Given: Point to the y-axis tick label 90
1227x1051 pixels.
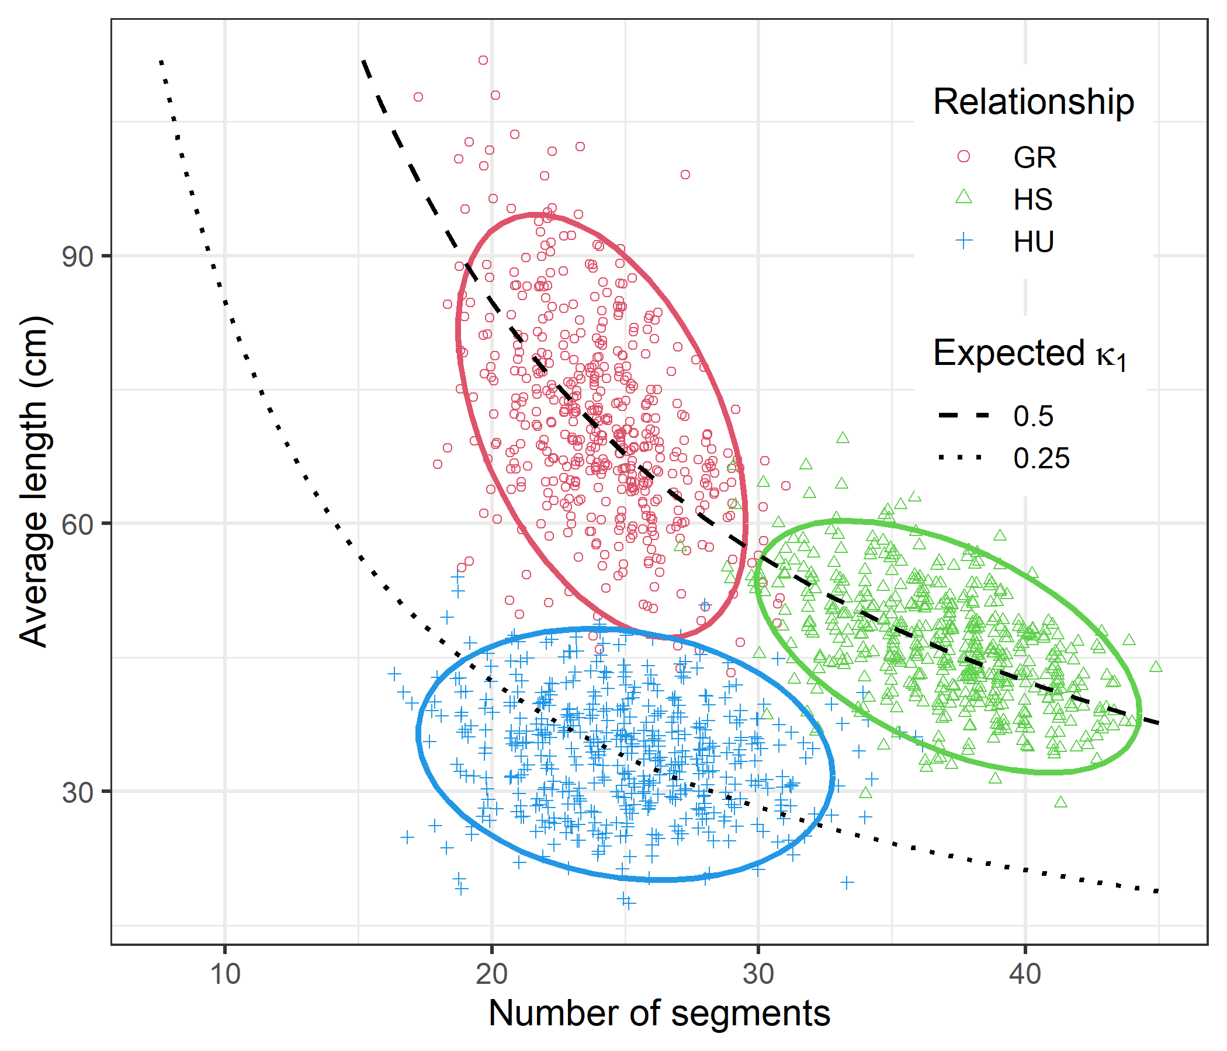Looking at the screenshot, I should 78,257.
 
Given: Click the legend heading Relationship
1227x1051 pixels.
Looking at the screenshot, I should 1034,102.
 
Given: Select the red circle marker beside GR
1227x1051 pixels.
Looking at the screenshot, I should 964,157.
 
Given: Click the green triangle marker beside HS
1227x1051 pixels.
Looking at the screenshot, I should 964,198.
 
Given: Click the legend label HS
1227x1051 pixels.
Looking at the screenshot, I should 1033,200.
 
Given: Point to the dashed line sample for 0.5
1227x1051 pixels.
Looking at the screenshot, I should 964,416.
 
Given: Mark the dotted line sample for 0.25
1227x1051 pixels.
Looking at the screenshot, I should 961,457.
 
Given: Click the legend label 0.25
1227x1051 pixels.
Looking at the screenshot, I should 1041,458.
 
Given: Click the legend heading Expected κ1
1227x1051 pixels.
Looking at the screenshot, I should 1029,354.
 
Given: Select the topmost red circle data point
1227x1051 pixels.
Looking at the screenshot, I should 483,60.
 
